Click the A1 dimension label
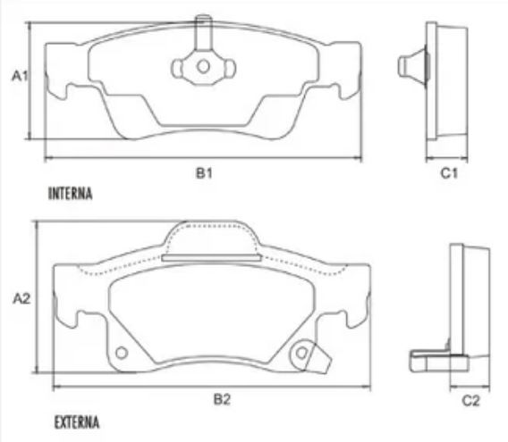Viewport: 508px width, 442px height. tap(20, 76)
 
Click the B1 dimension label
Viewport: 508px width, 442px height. tap(204, 173)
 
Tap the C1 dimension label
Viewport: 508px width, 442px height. tap(449, 173)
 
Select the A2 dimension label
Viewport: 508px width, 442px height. tap(21, 298)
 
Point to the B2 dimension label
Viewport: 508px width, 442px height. tap(222, 399)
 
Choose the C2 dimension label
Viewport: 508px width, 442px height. tap(470, 401)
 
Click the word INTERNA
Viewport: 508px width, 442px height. tap(71, 194)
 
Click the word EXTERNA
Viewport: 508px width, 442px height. tap(77, 422)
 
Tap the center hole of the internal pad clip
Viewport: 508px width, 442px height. tap(203, 67)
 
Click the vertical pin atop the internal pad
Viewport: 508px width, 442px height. tap(203, 32)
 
